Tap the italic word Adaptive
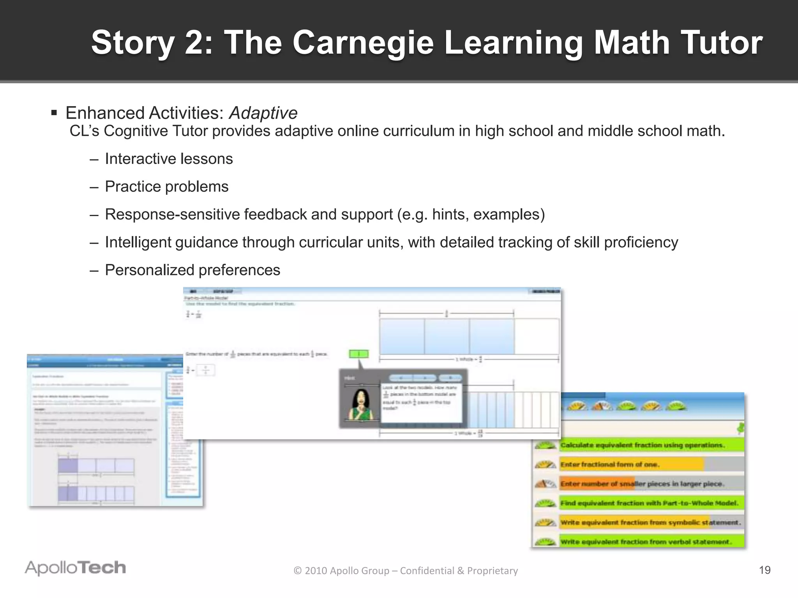click(x=263, y=113)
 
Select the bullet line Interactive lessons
click(x=169, y=159)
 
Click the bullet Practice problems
click(x=166, y=186)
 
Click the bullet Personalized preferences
click(x=192, y=270)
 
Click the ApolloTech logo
click(x=75, y=568)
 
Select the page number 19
click(x=764, y=570)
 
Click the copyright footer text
click(x=406, y=570)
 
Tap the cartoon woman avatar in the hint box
click(x=360, y=405)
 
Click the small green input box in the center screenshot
click(x=358, y=354)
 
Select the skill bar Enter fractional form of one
click(x=631, y=464)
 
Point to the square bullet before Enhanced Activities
click(x=54, y=113)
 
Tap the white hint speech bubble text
click(x=420, y=398)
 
